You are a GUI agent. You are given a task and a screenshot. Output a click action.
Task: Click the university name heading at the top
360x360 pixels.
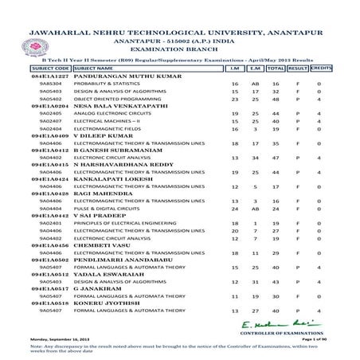[179, 14]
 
